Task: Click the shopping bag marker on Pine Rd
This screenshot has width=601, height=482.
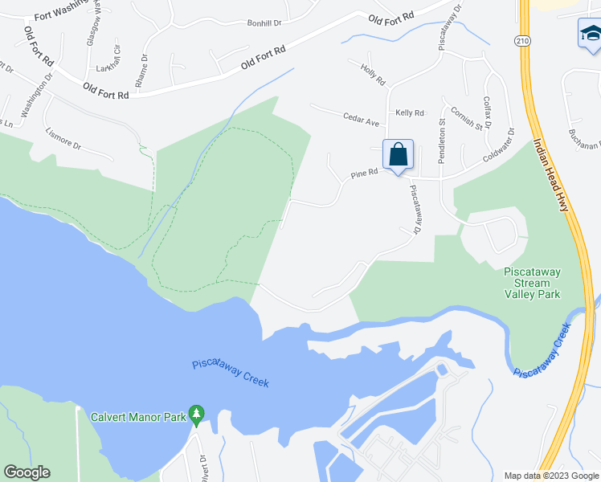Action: [399, 154]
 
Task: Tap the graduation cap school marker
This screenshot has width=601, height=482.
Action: [590, 35]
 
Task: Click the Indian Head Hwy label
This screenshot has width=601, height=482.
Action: [551, 175]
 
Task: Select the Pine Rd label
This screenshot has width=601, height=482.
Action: [364, 173]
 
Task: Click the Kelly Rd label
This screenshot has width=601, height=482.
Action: [410, 113]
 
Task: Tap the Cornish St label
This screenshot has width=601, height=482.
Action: [466, 119]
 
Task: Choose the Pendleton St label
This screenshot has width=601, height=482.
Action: [441, 141]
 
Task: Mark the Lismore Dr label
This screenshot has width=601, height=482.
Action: [63, 139]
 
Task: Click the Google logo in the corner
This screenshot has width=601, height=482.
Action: [27, 472]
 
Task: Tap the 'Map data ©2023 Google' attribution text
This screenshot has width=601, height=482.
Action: [550, 476]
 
